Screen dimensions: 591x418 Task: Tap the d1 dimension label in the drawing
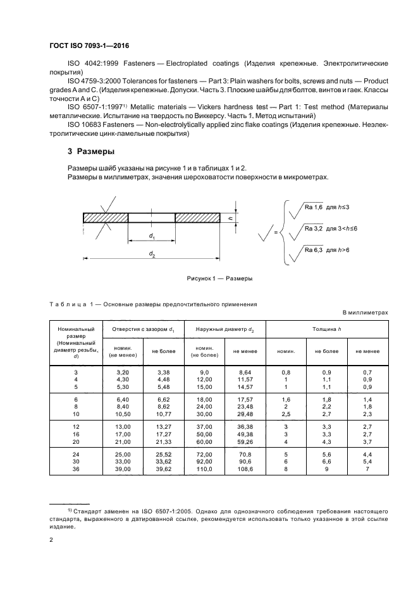coord(152,236)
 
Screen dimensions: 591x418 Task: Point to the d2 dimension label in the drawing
coord(152,254)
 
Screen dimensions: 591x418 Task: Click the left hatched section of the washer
coord(105,217)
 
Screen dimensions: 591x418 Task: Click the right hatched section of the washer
coord(199,217)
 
